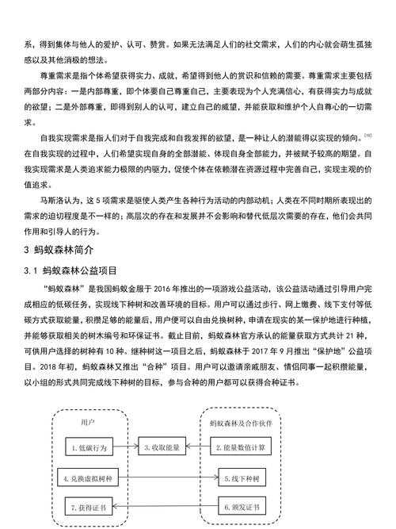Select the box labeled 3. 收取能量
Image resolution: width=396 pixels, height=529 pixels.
pyautogui.click(x=164, y=448)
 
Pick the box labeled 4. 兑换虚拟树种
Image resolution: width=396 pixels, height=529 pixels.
pyautogui.click(x=91, y=477)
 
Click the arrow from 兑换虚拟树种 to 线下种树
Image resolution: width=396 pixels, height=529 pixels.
pyautogui.click(x=167, y=477)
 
